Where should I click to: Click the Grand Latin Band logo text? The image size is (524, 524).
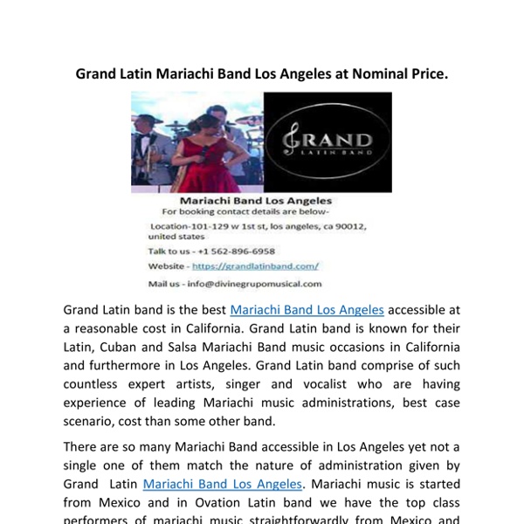(x=328, y=141)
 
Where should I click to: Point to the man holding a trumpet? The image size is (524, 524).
(x=145, y=148)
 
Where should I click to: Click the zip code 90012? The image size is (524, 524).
(x=350, y=226)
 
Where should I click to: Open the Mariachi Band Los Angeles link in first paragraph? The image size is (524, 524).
(x=307, y=310)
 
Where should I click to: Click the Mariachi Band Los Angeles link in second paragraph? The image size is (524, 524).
(x=223, y=483)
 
